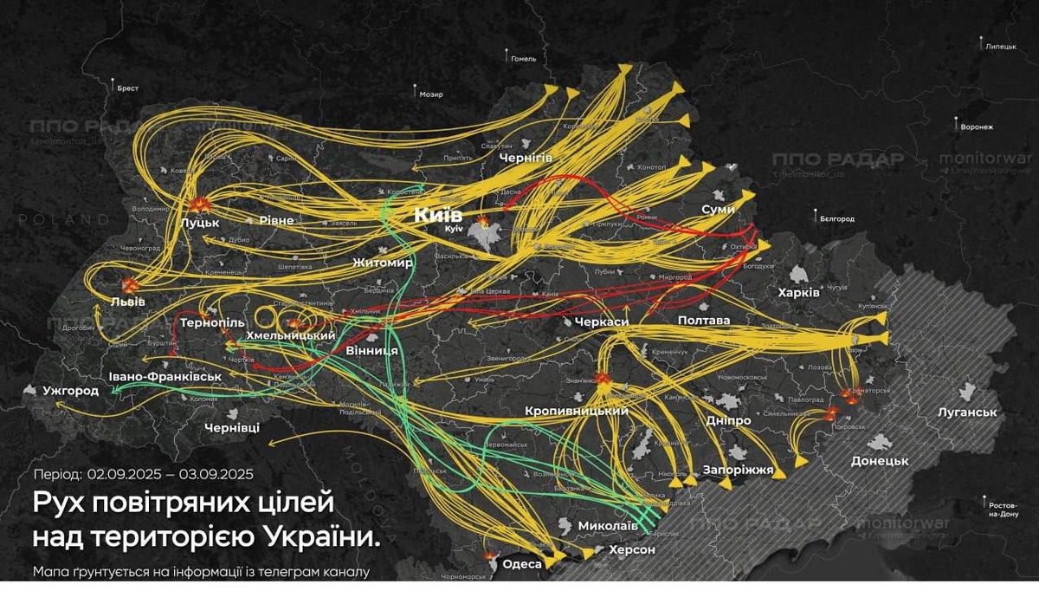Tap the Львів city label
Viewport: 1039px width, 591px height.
[127, 302]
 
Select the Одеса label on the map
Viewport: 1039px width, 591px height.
[522, 564]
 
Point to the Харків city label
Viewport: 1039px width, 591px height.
[798, 292]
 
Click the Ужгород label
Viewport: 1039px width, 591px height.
[71, 392]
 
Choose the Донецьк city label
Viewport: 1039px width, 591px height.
[880, 460]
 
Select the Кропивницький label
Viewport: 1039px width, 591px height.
[577, 411]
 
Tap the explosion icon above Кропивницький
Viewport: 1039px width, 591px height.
[602, 379]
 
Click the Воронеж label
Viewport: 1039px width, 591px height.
[976, 127]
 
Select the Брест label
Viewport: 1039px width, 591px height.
[128, 88]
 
